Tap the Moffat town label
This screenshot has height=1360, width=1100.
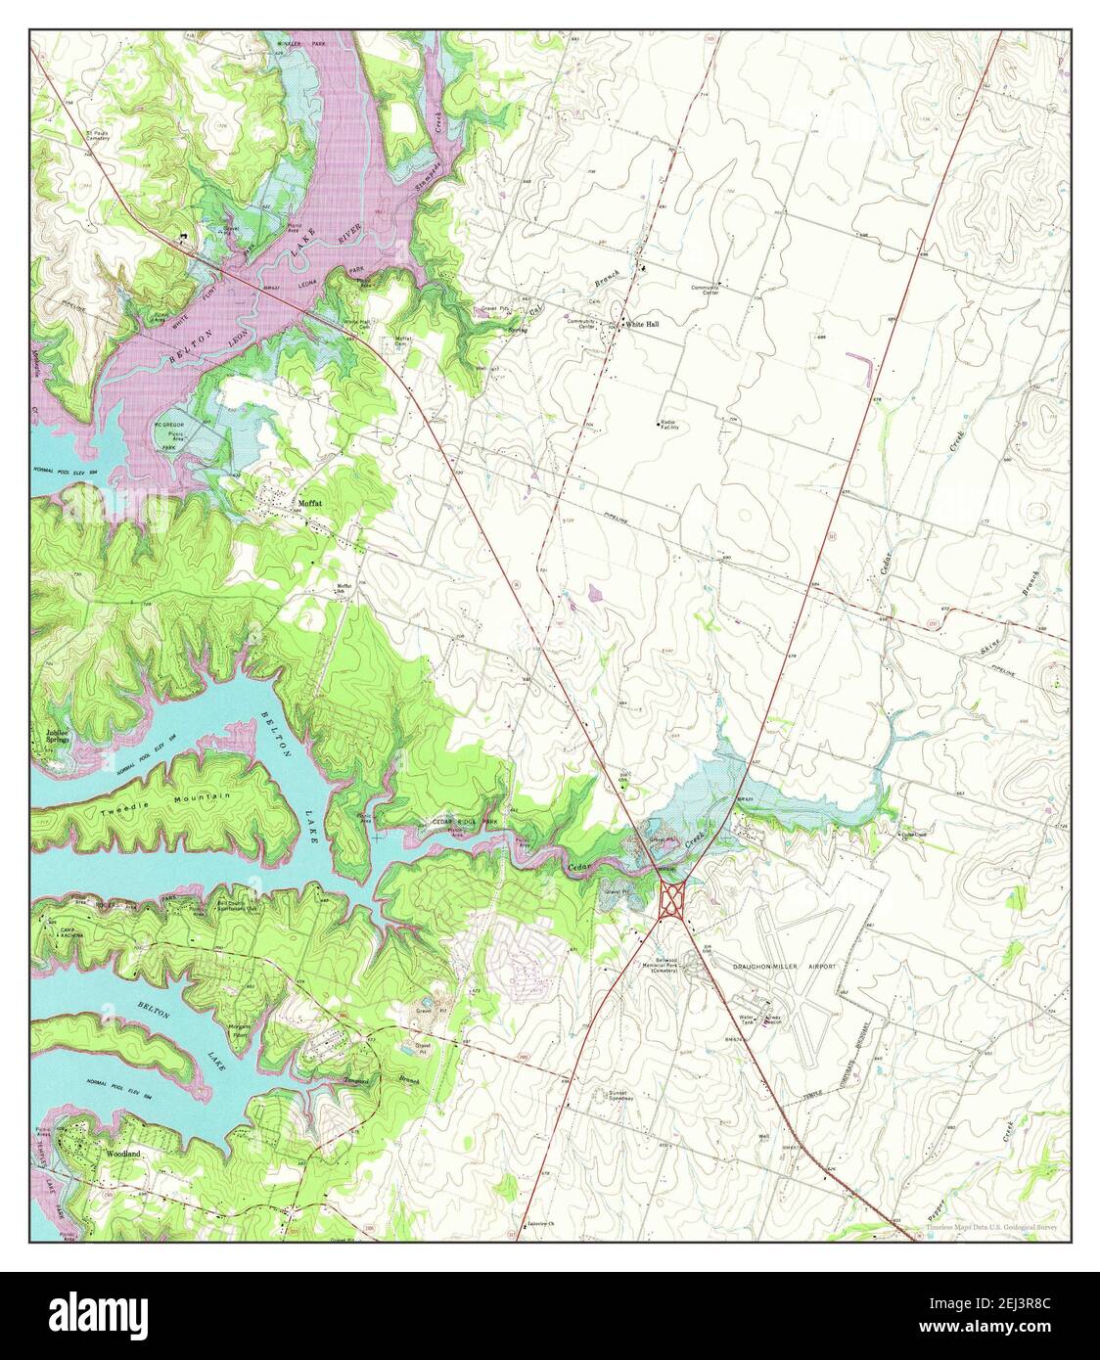(x=309, y=503)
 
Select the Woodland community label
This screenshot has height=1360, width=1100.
(x=123, y=1155)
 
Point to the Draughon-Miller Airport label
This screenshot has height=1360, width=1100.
(x=785, y=966)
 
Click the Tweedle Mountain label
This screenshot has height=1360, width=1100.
(x=164, y=802)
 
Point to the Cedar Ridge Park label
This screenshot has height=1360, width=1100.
(x=464, y=822)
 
